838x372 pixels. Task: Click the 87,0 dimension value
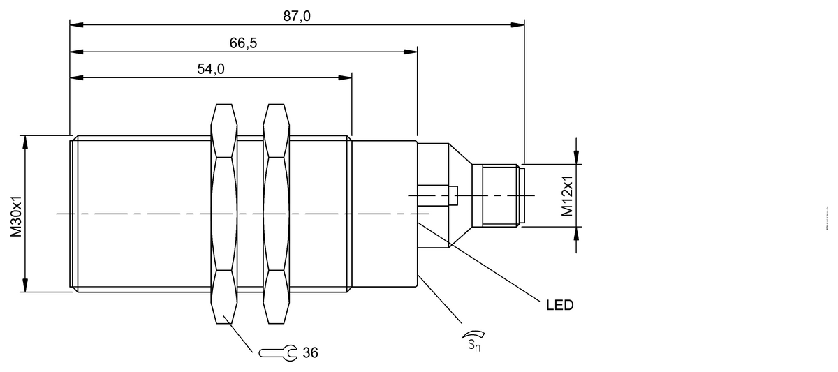pos(297,17)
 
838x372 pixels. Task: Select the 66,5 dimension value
pos(243,43)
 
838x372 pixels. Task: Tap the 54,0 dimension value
pos(211,69)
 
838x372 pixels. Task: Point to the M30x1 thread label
pos(16,216)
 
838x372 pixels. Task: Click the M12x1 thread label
pos(567,196)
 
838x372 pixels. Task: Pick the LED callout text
pos(559,306)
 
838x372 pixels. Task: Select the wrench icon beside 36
pos(278,353)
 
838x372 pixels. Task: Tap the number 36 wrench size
pos(310,353)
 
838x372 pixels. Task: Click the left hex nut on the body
pos(223,214)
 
